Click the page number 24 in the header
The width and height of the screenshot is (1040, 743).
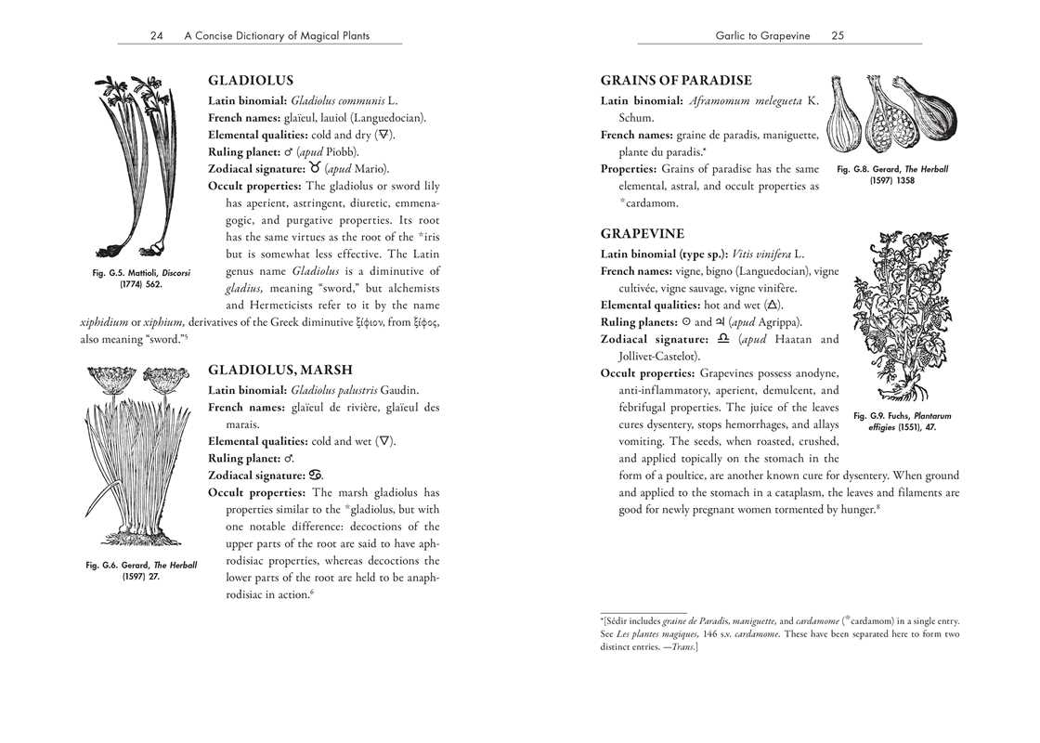pos(157,36)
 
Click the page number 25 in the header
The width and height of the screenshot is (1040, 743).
pos(838,36)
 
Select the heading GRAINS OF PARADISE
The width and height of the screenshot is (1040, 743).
pos(676,81)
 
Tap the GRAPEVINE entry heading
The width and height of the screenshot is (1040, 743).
pos(643,234)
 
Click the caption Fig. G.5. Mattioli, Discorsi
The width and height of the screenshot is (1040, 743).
pos(142,278)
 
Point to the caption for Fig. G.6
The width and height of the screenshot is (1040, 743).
pos(141,570)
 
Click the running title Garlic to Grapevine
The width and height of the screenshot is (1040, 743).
pos(762,36)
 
